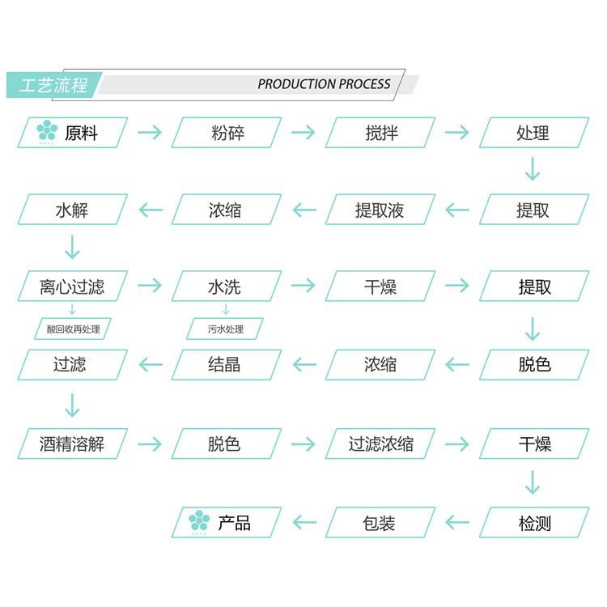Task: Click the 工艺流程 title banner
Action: point(54,85)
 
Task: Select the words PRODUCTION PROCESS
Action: point(324,84)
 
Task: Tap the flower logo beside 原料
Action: point(47,130)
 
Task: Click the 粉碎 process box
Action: point(227,133)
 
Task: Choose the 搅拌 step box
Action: point(380,133)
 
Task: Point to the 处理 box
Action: point(534,133)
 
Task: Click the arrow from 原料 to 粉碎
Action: point(150,133)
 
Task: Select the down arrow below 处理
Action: point(533,169)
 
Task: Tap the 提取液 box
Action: point(380,210)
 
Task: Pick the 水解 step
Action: point(72,210)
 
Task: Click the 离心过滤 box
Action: point(72,286)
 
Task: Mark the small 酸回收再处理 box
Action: point(73,329)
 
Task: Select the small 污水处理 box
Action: point(225,329)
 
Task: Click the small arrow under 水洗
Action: point(226,309)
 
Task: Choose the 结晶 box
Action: point(227,365)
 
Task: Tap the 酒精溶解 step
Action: point(72,444)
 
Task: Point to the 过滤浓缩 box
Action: point(380,444)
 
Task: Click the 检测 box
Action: point(534,523)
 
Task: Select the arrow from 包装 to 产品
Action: point(304,523)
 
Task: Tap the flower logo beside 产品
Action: point(199,520)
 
